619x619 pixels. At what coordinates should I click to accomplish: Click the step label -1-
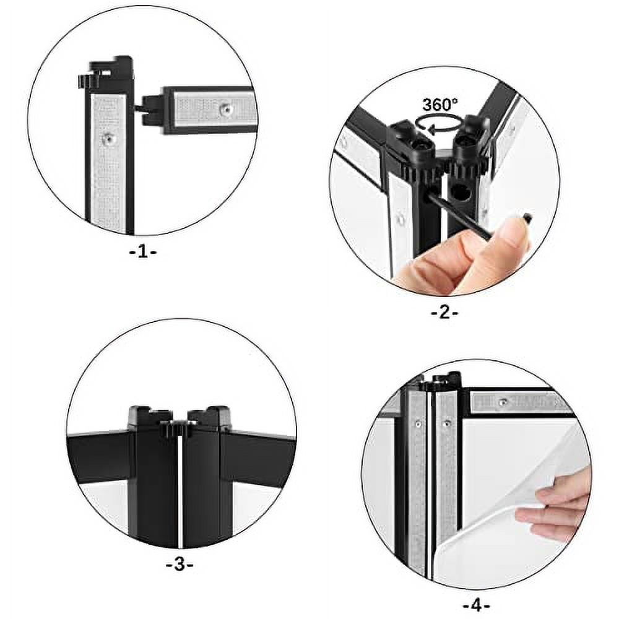click(142, 253)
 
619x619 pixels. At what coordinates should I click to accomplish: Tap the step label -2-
click(444, 313)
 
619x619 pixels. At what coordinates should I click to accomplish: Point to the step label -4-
click(476, 604)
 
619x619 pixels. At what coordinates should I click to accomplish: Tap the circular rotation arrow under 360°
click(441, 123)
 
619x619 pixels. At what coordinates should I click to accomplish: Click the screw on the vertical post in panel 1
click(110, 138)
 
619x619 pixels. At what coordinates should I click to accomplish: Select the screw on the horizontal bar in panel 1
click(227, 109)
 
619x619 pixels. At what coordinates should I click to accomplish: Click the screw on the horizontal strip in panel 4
click(503, 402)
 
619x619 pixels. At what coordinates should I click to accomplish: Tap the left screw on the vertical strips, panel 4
click(418, 425)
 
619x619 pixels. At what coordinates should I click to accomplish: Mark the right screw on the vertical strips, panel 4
click(447, 425)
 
